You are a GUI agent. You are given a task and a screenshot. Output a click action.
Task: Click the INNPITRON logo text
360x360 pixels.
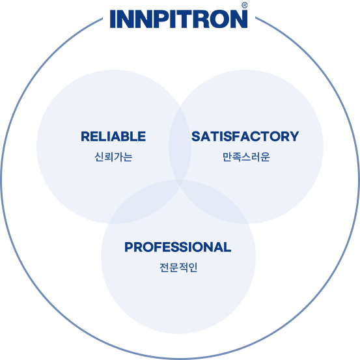[178, 19]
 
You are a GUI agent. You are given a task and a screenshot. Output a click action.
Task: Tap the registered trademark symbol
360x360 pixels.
[245, 5]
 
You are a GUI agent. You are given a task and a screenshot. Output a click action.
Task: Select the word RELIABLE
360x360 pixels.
[113, 136]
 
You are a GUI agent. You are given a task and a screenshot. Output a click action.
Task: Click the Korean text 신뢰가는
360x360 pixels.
[113, 157]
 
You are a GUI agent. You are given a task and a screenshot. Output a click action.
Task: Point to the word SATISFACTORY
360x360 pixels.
[245, 136]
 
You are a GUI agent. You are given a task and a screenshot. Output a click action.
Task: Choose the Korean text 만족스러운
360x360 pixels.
[246, 157]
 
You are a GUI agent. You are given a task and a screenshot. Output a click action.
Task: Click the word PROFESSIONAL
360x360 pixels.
[178, 247]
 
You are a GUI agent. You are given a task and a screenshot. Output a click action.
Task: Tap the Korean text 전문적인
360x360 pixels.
[178, 268]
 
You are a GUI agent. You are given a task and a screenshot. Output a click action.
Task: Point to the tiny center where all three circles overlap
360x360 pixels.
[180, 182]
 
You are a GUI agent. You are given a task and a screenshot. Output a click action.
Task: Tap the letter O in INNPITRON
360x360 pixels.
[220, 19]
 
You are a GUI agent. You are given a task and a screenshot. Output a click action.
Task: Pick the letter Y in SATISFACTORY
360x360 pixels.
[293, 136]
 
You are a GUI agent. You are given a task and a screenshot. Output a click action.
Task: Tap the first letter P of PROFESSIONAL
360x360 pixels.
[130, 247]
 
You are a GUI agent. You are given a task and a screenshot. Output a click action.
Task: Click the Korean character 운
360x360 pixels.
[265, 157]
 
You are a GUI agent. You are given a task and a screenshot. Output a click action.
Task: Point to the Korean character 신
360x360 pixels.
[100, 157]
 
